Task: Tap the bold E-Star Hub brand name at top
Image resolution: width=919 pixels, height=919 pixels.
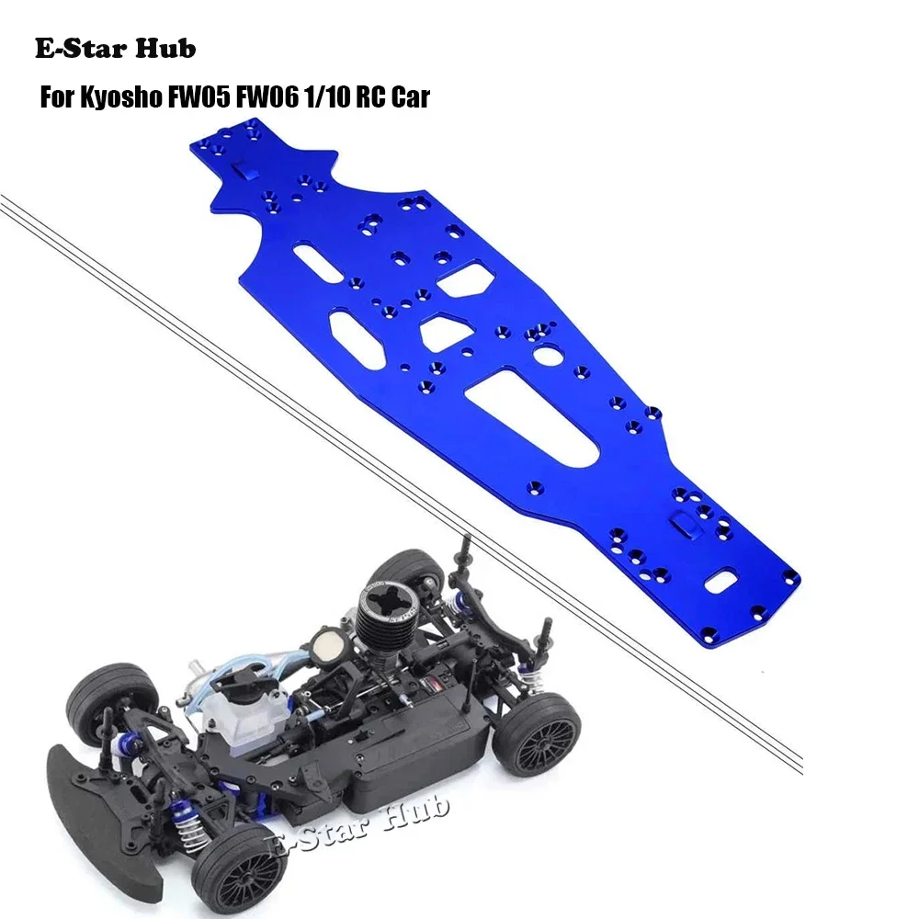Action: point(116,50)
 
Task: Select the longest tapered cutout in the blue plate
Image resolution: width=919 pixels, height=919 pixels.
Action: point(533,404)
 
